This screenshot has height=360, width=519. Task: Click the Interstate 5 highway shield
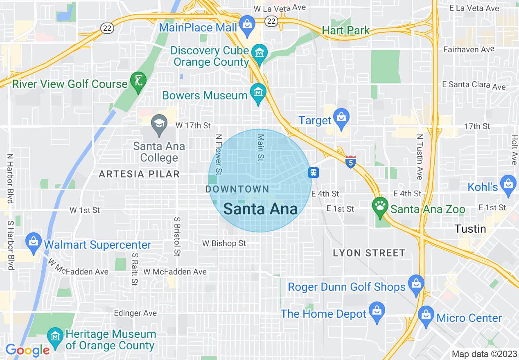point(350,162)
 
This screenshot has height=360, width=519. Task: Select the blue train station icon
point(314,173)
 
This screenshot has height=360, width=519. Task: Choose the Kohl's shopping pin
point(508,185)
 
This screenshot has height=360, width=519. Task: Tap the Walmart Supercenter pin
point(33,242)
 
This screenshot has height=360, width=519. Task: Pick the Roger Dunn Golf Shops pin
point(416,284)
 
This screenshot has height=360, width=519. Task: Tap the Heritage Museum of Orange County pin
point(55,337)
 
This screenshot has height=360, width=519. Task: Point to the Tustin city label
point(471,229)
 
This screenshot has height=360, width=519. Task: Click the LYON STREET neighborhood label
point(369,253)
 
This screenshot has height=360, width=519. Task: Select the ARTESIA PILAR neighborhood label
point(139,174)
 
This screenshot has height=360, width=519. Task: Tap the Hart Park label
point(345,31)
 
